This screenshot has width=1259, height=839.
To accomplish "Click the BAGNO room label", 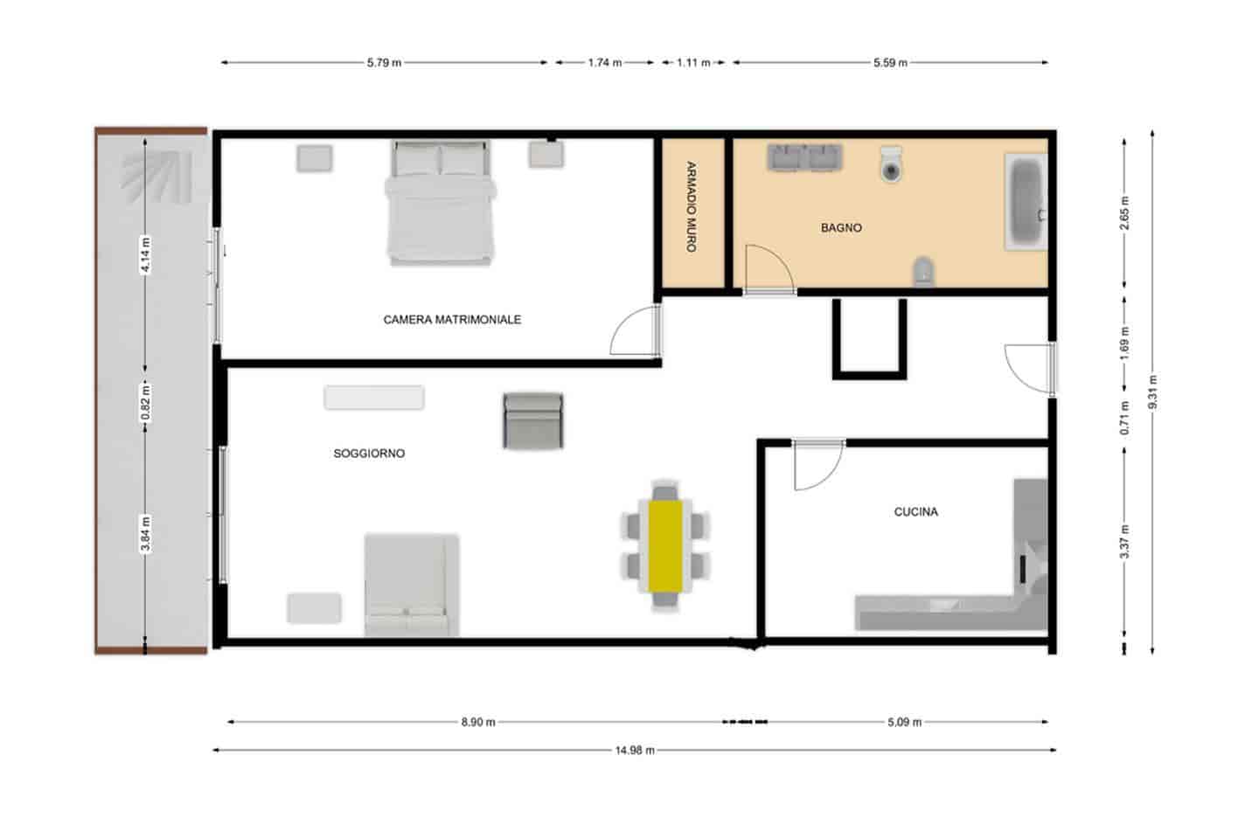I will coord(841,228).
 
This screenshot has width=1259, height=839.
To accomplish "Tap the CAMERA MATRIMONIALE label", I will coord(452,320).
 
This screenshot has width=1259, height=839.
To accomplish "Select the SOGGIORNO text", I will coord(369,454).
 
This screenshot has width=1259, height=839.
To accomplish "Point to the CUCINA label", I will coord(915,512).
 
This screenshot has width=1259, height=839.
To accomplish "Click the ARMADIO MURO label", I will coord(691,207).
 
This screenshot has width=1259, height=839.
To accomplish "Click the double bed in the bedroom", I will coord(441,204).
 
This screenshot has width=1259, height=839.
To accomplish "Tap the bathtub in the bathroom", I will coord(1025,202).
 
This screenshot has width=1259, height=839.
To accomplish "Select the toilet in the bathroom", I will coord(891,164).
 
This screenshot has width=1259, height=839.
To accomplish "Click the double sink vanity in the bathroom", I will coord(804,157).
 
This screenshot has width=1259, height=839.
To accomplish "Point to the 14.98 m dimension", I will coord(635,750).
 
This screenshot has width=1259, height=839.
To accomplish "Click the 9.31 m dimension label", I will coord(1153,392).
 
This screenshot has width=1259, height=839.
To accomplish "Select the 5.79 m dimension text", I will coord(384,63).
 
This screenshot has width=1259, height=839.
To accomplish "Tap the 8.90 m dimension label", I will coord(478,723).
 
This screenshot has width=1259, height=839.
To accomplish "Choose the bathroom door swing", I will coord(767,269).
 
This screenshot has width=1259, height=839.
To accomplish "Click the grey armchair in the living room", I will coord(532,420).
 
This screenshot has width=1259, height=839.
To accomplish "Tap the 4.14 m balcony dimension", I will coord(146,255).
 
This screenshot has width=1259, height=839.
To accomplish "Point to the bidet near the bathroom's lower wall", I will coord(923,272).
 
